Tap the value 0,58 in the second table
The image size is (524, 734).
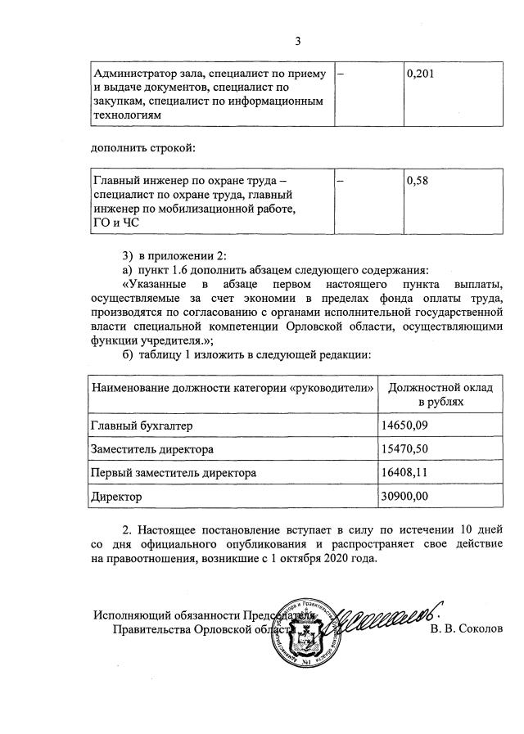[417, 182]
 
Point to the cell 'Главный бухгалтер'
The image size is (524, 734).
[143, 426]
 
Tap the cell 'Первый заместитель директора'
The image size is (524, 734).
[174, 473]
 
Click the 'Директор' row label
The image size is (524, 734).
[118, 496]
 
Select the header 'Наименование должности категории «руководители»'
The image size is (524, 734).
[233, 387]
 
